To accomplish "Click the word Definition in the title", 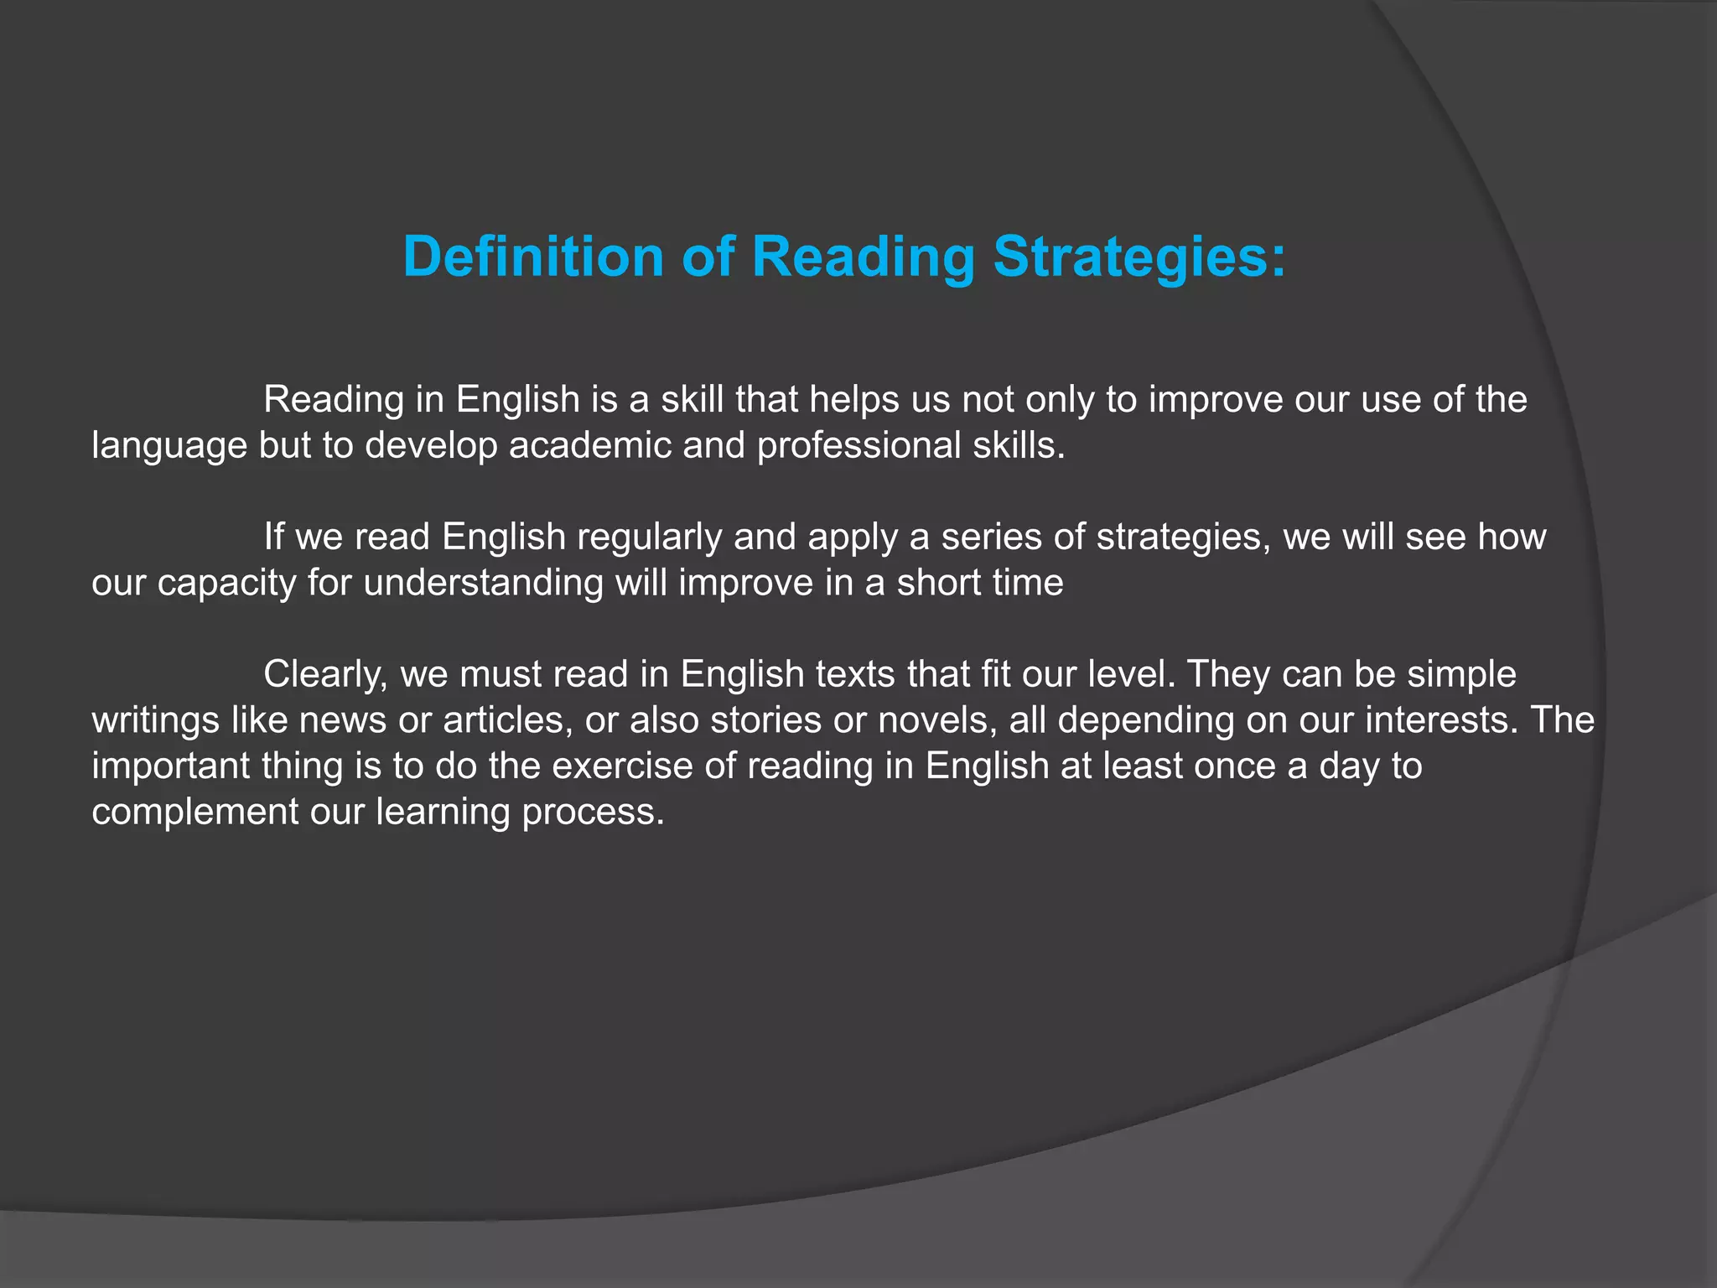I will coord(533,256).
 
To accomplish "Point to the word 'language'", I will coord(169,446).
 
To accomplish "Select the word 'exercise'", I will coord(621,766).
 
